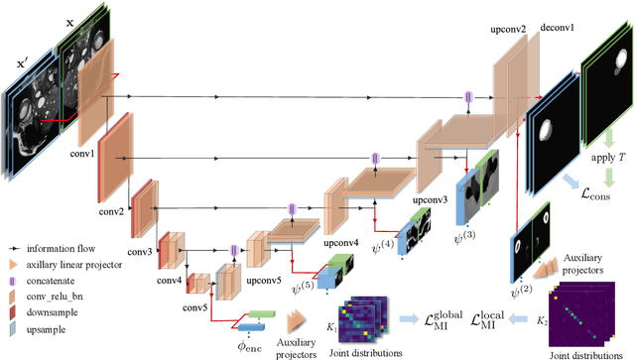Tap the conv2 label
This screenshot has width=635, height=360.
pyautogui.click(x=112, y=212)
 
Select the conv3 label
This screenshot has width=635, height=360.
pyautogui.click(x=138, y=253)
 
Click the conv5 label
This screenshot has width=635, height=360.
pyautogui.click(x=195, y=305)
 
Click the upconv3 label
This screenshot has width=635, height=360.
pyautogui.click(x=432, y=200)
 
